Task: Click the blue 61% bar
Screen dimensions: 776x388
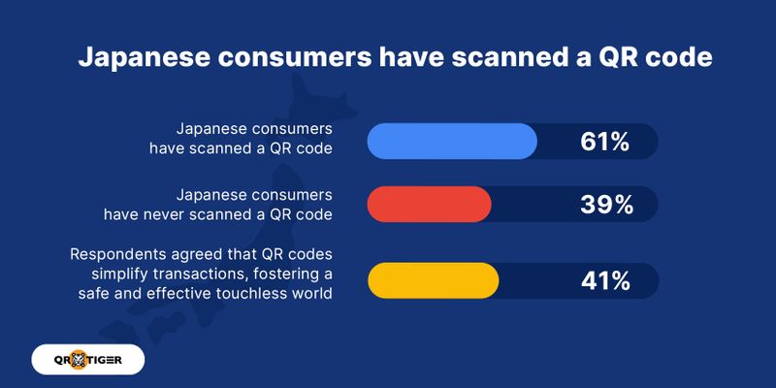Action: (452, 141)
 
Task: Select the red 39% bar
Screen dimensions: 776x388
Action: (429, 204)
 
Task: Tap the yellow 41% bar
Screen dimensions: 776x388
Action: (433, 280)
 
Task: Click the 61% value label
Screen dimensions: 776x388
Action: (604, 142)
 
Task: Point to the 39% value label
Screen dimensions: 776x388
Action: (607, 205)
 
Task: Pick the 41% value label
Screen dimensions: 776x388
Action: (605, 281)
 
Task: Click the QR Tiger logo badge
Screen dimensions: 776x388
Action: (88, 359)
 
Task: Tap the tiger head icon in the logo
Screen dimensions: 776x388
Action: (79, 359)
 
